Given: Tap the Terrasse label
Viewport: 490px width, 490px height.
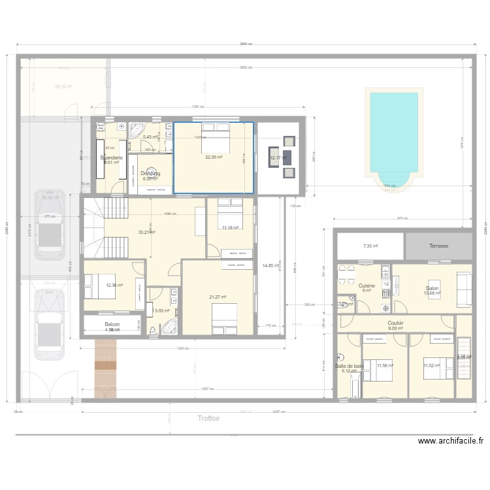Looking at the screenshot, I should coord(439,246).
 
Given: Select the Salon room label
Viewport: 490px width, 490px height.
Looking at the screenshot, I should coord(433,287).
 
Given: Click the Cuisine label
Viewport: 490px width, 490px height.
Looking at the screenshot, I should coord(366,286).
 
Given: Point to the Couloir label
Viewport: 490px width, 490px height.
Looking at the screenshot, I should coord(395,323).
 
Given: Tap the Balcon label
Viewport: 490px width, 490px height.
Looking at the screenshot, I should coord(112,324).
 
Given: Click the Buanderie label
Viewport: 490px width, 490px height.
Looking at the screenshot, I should coord(110,157).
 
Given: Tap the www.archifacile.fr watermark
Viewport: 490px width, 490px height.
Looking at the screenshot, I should coord(451,442).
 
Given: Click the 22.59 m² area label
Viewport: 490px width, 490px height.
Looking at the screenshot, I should coord(214,157).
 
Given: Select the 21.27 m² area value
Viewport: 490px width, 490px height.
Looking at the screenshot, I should coord(218,297).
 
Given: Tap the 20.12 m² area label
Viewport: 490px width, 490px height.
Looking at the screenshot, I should coord(63,86).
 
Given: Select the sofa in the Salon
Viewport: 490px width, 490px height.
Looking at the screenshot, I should coord(464,289).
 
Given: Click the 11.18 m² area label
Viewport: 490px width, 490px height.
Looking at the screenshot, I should coord(230,228).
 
